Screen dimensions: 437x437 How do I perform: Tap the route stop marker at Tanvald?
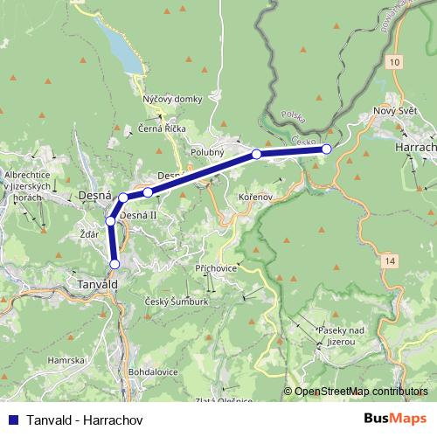pyautogui.click(x=114, y=263)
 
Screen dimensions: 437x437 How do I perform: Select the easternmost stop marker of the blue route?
pyautogui.click(x=327, y=149)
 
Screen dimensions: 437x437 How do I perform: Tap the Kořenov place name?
pyautogui.click(x=256, y=198)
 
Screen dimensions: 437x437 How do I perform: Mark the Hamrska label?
pyautogui.click(x=66, y=360)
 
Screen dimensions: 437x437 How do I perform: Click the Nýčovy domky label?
pyautogui.click(x=172, y=99)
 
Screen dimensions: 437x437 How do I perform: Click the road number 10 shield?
pyautogui.click(x=396, y=62)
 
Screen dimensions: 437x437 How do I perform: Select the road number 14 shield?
pyautogui.click(x=389, y=260)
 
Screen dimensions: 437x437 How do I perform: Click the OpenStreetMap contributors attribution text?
pyautogui.click(x=360, y=391)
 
